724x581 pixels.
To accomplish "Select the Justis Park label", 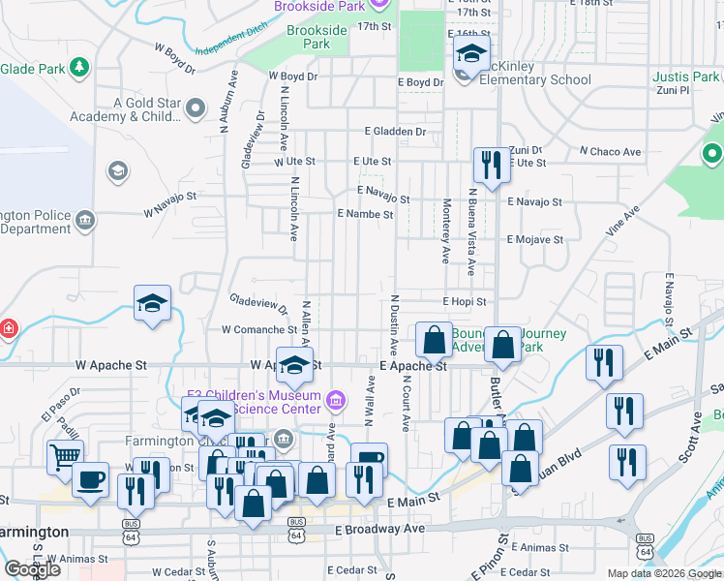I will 685,76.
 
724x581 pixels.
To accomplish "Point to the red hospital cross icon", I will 8,328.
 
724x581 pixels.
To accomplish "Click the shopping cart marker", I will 65,455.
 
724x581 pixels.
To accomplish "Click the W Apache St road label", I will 111,366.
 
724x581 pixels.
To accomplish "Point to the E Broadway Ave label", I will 380,530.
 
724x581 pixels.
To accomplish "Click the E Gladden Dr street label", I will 395,132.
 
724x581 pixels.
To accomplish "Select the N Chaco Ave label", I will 610,152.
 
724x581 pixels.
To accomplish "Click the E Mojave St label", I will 535,239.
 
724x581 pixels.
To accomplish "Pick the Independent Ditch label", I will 230,46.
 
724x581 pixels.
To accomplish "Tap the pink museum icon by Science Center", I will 336,399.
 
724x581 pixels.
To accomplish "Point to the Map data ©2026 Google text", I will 663,573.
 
